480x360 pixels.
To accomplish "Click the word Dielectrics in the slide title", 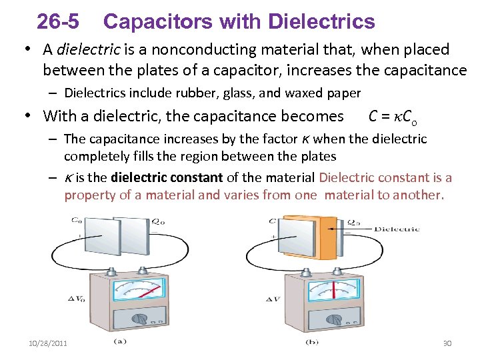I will [x=321, y=22].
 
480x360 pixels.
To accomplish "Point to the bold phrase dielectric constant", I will [x=167, y=178].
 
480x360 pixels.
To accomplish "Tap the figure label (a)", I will [x=120, y=342].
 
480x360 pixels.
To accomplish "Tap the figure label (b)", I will [x=312, y=342].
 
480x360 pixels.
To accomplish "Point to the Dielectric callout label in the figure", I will [x=397, y=229].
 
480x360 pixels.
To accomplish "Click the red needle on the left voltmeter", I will [x=151, y=291].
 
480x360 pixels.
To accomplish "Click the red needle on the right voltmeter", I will [x=333, y=291].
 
